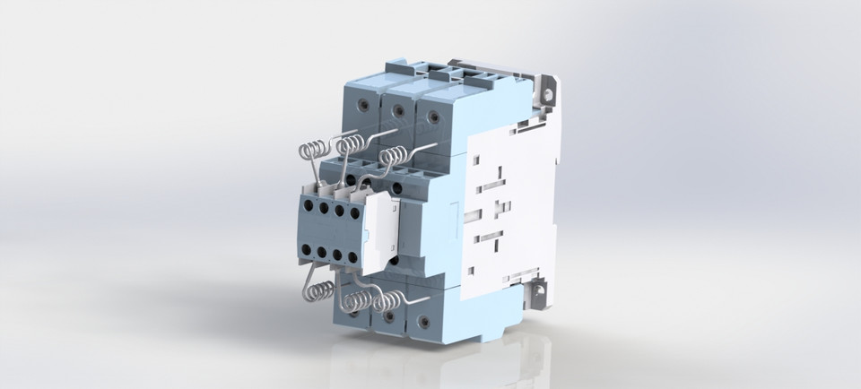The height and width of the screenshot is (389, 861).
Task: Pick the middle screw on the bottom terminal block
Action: [388, 316]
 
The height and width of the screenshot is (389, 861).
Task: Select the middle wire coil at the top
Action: [351, 143]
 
